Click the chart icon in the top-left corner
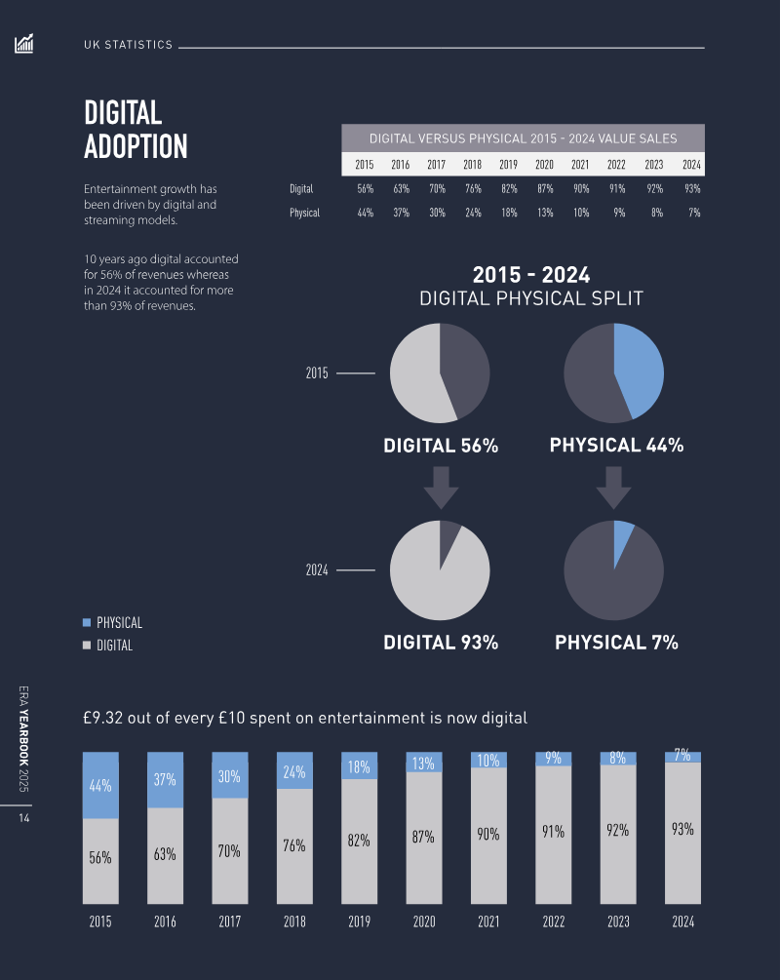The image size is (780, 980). coord(24,44)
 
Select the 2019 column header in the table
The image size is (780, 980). coord(508,165)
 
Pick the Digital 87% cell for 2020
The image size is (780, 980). coord(544,188)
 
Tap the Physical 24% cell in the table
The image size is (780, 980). coord(473,213)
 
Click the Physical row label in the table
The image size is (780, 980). coord(304,213)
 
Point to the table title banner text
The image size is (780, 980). coord(523,138)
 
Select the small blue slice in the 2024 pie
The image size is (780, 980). coord(622,537)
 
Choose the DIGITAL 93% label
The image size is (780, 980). coord(441,643)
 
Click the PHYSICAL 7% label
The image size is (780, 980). coord(616,643)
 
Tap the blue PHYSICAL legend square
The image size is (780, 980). coord(87,622)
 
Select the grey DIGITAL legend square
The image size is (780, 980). coord(87,645)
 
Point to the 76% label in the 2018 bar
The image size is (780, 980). coord(293,846)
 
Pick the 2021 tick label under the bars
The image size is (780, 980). coord(488,921)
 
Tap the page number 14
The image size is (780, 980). coord(24,819)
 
